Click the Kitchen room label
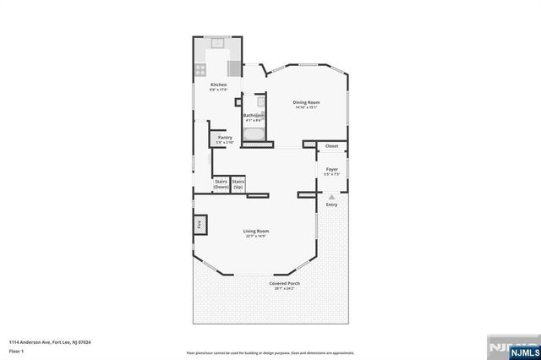218,85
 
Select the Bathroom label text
254,115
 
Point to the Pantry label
224,137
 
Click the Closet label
331,145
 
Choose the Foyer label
331,169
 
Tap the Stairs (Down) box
221,183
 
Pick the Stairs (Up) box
238,183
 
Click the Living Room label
256,231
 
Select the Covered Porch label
285,283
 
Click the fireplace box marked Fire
200,225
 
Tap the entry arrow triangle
331,196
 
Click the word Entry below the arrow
331,205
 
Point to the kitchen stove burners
201,70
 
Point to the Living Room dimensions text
256,236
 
